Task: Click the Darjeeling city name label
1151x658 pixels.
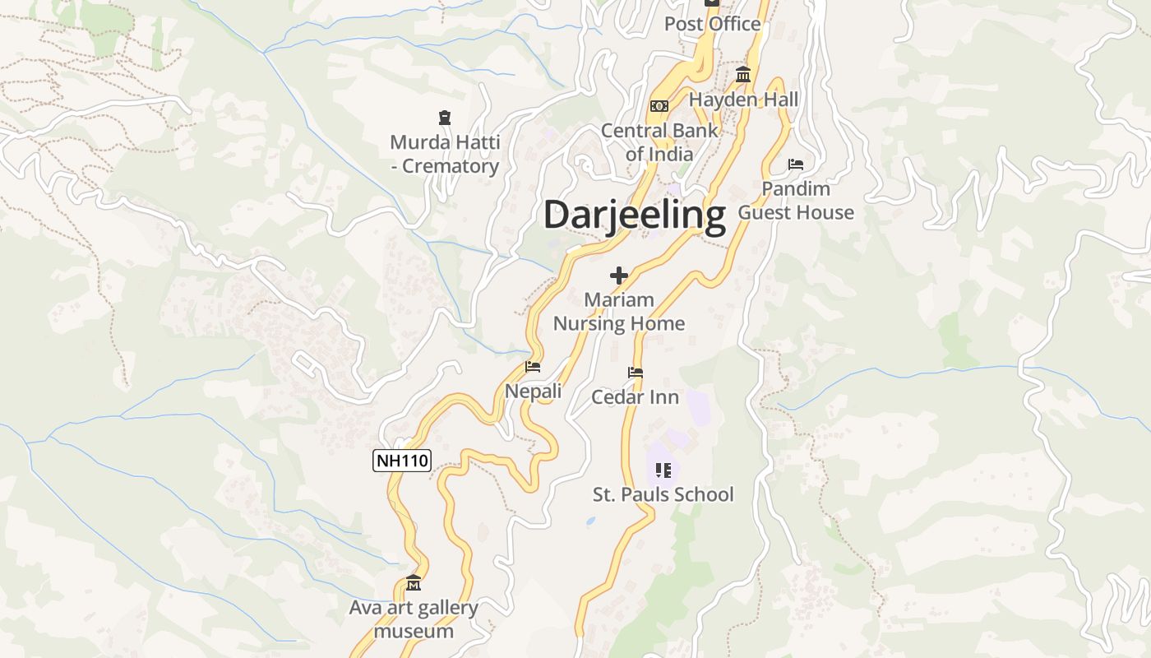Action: click(x=635, y=215)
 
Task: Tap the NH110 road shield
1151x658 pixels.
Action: click(x=402, y=461)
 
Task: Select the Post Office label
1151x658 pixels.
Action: click(x=712, y=24)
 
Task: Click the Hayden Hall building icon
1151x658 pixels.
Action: click(x=743, y=76)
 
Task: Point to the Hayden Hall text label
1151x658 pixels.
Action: click(x=743, y=100)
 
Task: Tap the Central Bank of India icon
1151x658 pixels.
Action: click(x=659, y=106)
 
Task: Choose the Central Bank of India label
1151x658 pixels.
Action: click(x=659, y=141)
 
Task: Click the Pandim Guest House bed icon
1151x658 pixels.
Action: click(x=795, y=164)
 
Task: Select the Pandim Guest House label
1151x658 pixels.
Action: click(x=796, y=200)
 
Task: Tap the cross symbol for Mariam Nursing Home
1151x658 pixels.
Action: click(x=619, y=276)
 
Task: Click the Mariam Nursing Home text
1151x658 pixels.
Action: click(x=619, y=311)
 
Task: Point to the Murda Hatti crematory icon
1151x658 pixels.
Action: click(x=445, y=118)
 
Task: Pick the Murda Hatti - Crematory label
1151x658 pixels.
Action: click(x=445, y=154)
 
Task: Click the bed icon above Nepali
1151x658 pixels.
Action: click(x=533, y=367)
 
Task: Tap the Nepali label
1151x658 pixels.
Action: click(x=534, y=391)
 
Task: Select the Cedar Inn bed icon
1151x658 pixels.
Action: click(x=635, y=373)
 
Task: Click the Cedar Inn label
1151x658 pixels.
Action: click(x=636, y=397)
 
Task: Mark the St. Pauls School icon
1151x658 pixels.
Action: click(x=663, y=470)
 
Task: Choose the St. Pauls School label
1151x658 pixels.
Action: click(x=663, y=494)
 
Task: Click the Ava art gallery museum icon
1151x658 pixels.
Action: click(x=414, y=583)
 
